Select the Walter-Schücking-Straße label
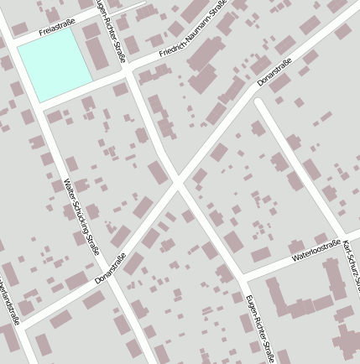pyautogui.click(x=82, y=216)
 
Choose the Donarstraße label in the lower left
pyautogui.click(x=110, y=268)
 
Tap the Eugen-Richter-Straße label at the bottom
pyautogui.click(x=259, y=328)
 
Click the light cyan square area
pyautogui.click(x=54, y=62)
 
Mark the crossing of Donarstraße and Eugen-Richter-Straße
pyautogui.click(x=177, y=183)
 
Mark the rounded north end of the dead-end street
pyautogui.click(x=260, y=104)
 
